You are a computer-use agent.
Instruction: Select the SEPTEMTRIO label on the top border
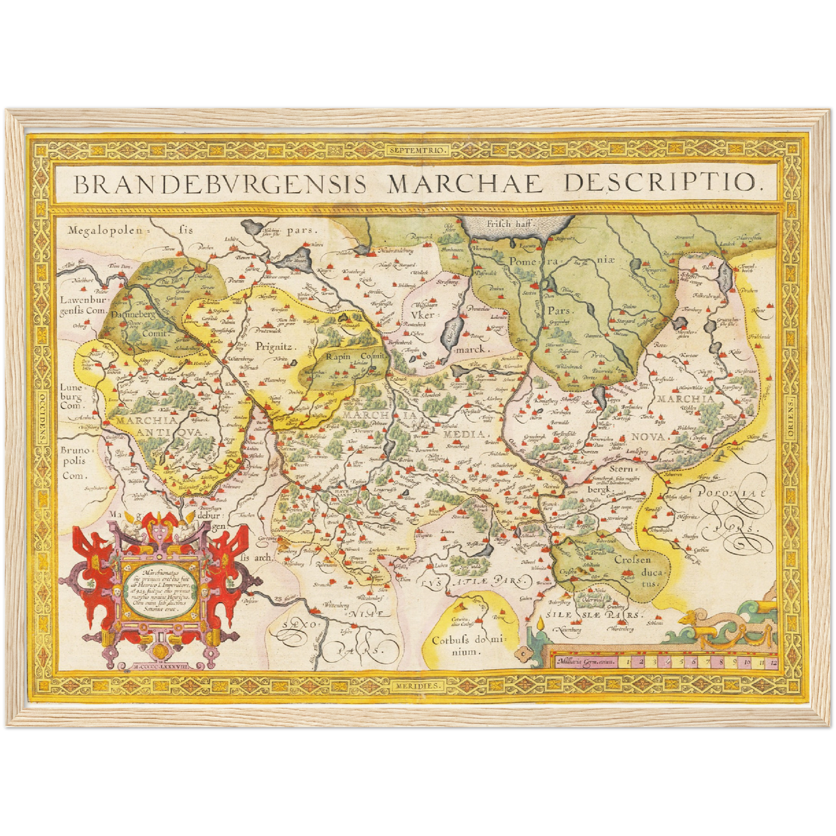click(x=418, y=150)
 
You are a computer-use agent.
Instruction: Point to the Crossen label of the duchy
click(x=632, y=559)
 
